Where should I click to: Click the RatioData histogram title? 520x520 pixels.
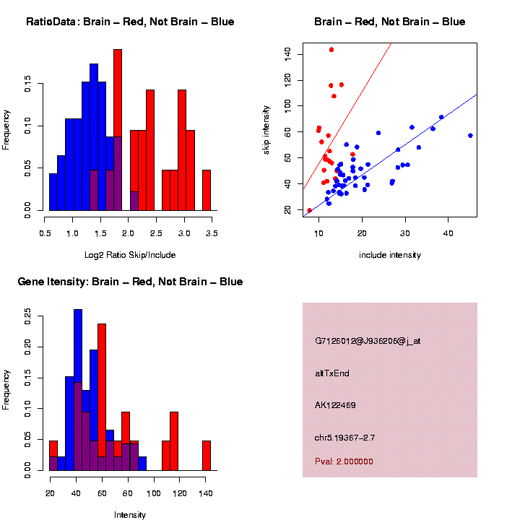click(130, 22)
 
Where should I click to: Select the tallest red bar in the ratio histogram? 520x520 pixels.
click(118, 130)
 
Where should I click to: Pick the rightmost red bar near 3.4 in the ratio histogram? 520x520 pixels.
click(207, 190)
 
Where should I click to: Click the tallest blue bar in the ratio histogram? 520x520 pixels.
click(94, 137)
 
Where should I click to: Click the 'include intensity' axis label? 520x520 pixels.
click(390, 255)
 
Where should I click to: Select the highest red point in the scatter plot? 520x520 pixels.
click(331, 50)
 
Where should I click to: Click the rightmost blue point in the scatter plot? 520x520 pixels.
click(470, 135)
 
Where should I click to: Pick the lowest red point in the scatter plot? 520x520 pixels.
click(310, 210)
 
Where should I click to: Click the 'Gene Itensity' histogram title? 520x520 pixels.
click(130, 282)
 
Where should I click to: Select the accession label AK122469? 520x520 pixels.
click(335, 405)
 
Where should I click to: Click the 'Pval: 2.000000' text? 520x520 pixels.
click(344, 461)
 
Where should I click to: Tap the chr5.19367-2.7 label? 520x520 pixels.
click(344, 437)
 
